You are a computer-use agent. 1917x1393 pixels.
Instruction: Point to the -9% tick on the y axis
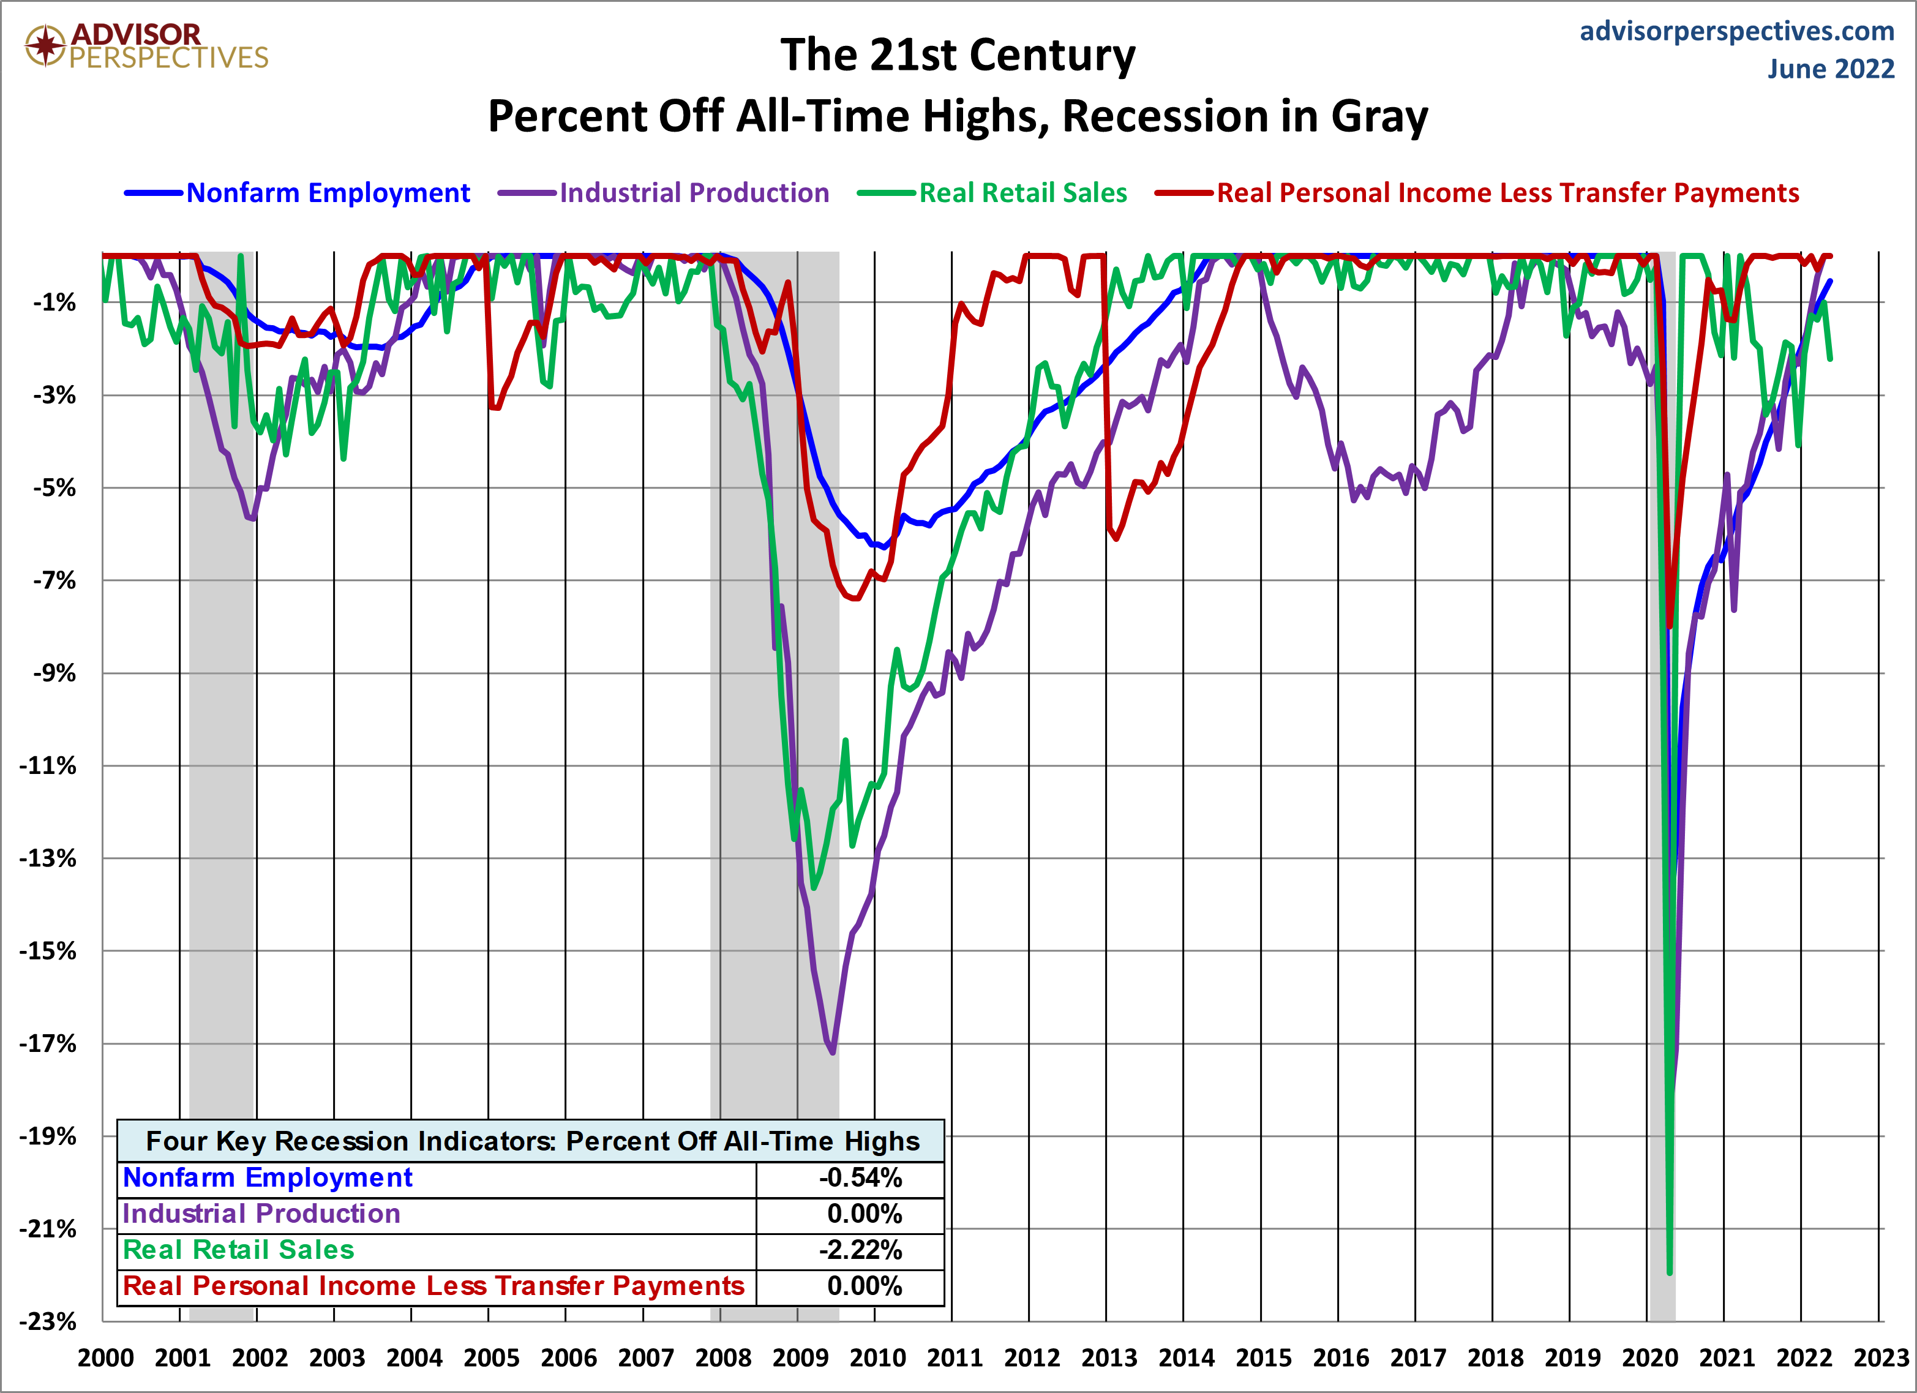(54, 674)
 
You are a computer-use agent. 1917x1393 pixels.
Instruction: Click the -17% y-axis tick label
(49, 1044)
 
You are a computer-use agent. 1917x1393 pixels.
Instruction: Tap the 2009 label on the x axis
(800, 1358)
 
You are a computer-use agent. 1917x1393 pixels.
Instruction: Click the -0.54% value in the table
(860, 1178)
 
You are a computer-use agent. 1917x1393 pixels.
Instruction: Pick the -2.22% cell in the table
(860, 1250)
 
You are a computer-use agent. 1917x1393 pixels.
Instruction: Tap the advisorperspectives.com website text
(1736, 31)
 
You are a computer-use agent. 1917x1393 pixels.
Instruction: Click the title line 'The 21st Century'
(958, 56)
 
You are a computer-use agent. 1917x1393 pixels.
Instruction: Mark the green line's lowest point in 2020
(1670, 1272)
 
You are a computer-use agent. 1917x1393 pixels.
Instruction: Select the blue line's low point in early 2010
(884, 547)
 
